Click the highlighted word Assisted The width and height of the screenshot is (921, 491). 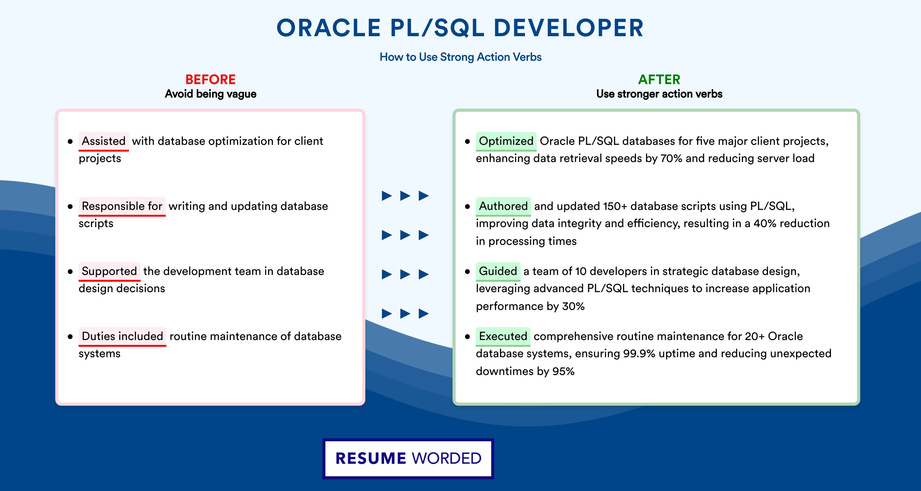coord(104,141)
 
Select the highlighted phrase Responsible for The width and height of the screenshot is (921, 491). coord(122,206)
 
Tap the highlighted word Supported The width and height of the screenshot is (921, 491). coord(109,271)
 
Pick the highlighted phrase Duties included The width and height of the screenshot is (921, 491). coord(122,336)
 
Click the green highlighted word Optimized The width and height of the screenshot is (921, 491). coord(506,141)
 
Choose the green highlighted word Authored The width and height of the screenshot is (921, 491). coord(503,206)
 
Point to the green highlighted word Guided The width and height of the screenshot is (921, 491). coord(498,271)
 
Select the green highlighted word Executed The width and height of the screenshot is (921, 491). coord(503,336)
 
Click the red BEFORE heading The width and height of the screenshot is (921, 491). coord(211,79)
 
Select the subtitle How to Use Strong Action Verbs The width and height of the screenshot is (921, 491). coord(460,57)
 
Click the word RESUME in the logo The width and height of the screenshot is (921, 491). coord(371,458)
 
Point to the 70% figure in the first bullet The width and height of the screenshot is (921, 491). coord(671,158)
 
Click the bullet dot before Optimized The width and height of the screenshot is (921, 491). coord(467,141)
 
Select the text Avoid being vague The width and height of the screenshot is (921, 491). coord(211,94)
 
